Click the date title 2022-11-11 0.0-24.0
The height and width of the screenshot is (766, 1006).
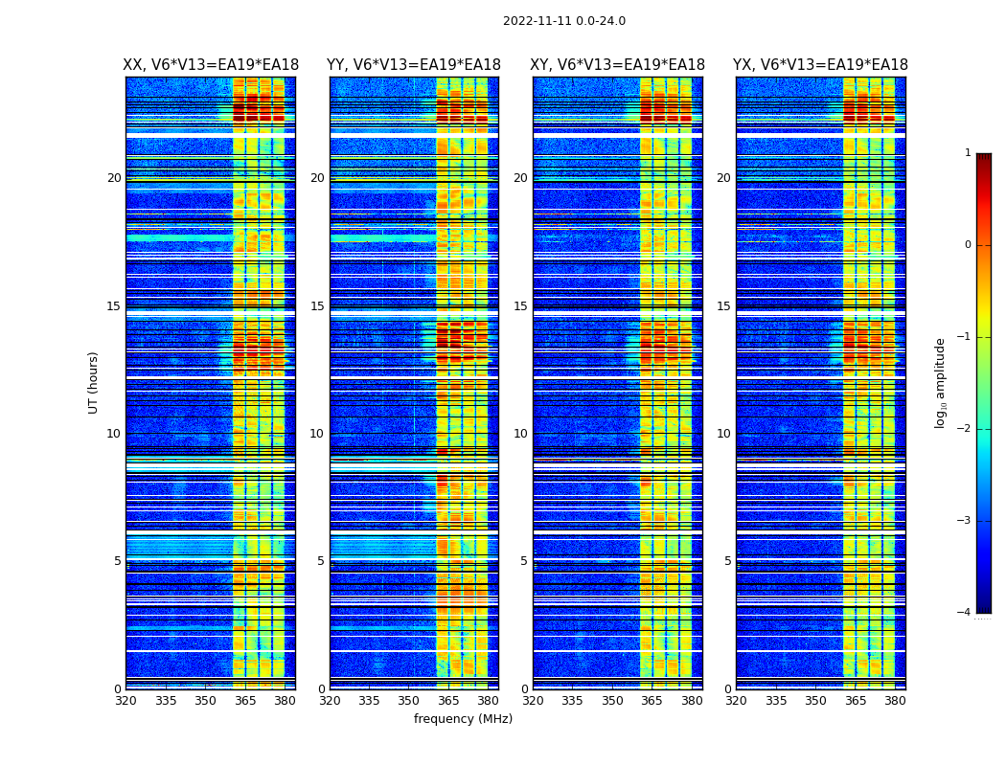click(563, 21)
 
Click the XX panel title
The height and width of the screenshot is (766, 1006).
click(211, 65)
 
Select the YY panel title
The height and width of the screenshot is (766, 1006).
click(414, 65)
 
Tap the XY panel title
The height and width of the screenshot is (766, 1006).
click(618, 65)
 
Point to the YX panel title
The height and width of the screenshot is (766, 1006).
click(820, 65)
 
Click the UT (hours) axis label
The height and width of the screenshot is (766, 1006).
click(94, 382)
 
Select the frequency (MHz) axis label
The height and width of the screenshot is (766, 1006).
click(463, 719)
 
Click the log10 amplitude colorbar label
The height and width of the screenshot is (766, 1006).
click(941, 382)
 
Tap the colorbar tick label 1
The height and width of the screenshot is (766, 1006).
click(968, 153)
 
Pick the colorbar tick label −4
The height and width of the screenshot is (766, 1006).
click(965, 613)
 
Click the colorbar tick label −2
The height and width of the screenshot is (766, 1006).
click(965, 429)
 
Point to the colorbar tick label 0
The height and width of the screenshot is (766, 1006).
click(968, 245)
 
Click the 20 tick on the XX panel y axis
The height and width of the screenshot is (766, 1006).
click(114, 178)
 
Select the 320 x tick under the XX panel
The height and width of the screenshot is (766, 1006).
click(126, 702)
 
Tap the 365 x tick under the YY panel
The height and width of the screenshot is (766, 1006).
click(448, 702)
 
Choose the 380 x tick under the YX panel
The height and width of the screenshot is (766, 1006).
click(895, 702)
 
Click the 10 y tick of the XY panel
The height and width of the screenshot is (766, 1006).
click(520, 434)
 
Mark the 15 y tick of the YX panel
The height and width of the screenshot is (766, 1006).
click(723, 306)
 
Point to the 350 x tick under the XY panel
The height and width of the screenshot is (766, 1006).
click(611, 702)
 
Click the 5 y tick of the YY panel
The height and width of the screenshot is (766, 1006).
click(321, 561)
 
